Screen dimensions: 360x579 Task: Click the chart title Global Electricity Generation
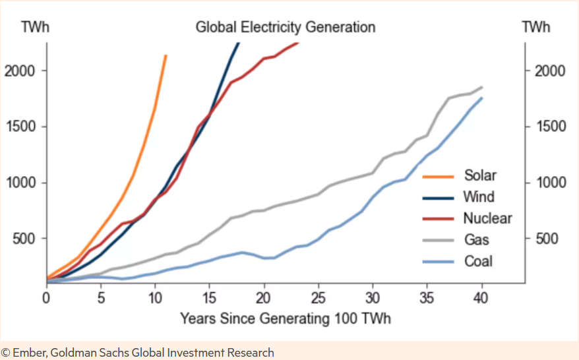[285, 27]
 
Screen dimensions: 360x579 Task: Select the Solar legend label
[480, 175]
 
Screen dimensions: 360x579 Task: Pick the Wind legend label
[479, 196]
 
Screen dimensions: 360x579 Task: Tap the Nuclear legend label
[487, 218]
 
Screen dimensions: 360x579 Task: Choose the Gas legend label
[477, 239]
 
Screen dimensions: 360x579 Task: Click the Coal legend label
[478, 261]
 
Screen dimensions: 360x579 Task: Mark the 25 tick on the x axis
[319, 298]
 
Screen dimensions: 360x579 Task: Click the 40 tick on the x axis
[481, 298]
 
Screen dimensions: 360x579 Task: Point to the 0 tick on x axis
[47, 298]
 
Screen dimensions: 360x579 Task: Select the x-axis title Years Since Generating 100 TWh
[286, 318]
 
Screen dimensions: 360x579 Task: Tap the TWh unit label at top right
[535, 27]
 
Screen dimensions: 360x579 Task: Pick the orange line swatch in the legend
[436, 176]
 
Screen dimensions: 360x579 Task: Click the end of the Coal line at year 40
[482, 98]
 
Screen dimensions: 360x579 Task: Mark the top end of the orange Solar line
[166, 56]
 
